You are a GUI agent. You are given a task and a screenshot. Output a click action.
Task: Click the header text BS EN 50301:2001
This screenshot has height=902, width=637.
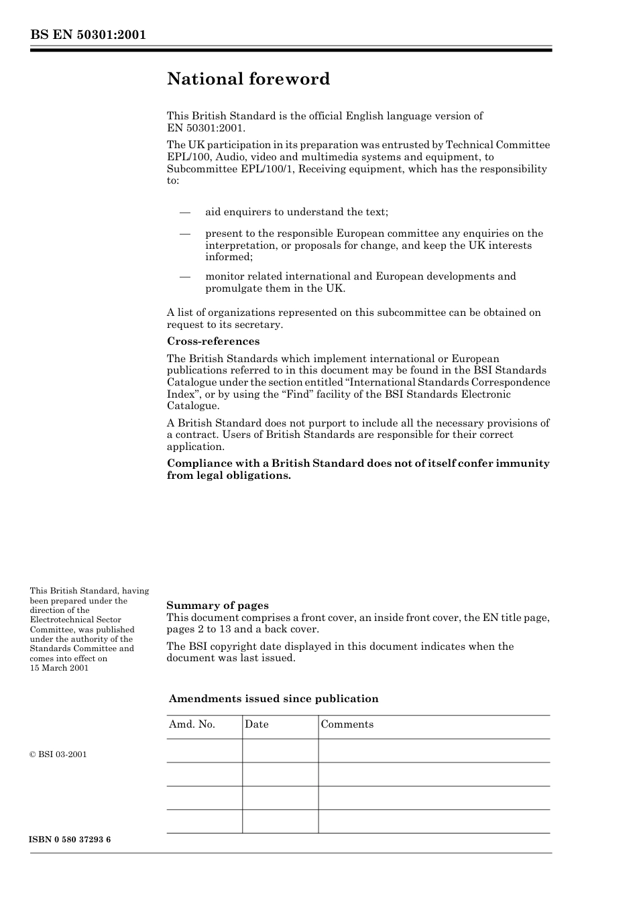tap(88, 35)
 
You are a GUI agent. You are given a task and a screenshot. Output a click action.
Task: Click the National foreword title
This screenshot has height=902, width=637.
tap(248, 79)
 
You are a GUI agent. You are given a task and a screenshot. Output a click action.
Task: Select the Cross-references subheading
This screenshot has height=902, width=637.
tap(213, 341)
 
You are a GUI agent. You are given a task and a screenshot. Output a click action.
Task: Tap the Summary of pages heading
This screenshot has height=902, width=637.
tap(217, 606)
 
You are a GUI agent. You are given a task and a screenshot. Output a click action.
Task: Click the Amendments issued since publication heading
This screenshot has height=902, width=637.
tap(274, 699)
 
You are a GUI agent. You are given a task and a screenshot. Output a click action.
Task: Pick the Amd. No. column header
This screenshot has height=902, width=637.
tap(192, 724)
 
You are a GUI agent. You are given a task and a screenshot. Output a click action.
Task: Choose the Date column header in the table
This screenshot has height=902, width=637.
tap(257, 724)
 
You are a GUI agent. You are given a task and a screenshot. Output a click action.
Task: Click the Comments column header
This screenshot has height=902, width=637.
tap(347, 724)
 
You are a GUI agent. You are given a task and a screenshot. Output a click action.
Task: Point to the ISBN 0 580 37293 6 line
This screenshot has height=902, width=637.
tap(70, 840)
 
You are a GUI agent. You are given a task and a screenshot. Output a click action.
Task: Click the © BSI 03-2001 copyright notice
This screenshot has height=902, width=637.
tap(58, 754)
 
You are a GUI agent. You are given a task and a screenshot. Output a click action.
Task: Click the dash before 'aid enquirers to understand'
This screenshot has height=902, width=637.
tap(186, 213)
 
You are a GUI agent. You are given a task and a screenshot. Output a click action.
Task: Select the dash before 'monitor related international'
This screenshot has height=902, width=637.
tap(186, 277)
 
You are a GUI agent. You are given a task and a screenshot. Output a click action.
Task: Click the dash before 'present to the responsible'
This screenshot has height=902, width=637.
tap(186, 234)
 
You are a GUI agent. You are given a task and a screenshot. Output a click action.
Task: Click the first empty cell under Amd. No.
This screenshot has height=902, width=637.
tap(205, 751)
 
